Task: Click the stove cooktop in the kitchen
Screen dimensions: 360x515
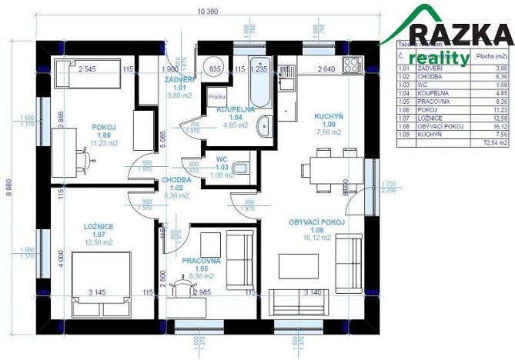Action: click(x=351, y=65)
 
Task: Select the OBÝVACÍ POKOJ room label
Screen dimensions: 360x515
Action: click(x=316, y=222)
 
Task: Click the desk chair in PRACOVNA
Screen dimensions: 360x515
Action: click(x=182, y=285)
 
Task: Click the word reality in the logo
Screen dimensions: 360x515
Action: click(x=439, y=58)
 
